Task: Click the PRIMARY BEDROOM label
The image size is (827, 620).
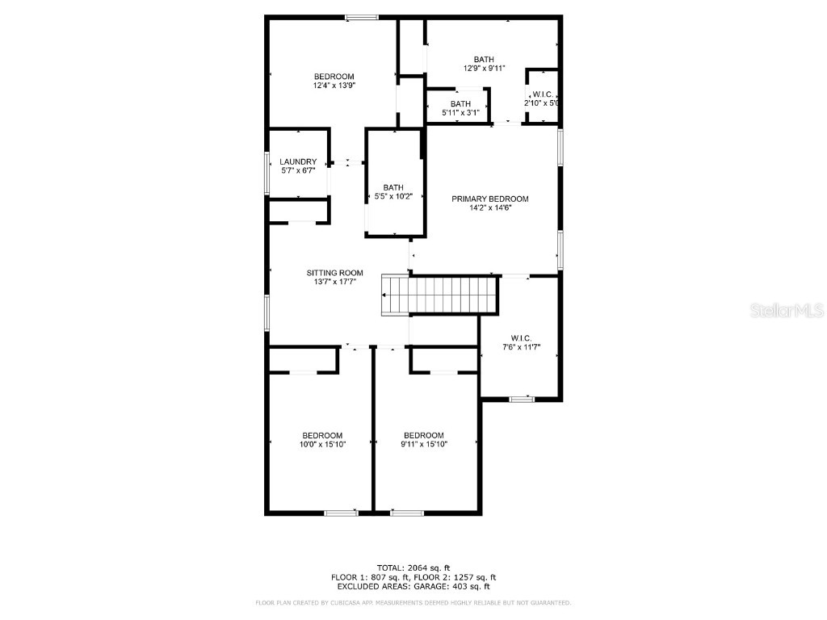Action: (489, 199)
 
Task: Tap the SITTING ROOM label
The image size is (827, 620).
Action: (334, 273)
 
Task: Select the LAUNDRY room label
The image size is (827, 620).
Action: (298, 161)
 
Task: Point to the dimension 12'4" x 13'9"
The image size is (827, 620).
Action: (334, 86)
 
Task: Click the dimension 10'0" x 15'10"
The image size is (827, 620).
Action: (322, 444)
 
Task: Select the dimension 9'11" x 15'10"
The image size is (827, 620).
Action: (424, 444)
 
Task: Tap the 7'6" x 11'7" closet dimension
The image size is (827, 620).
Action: (520, 347)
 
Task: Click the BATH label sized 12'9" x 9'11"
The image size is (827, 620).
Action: (484, 59)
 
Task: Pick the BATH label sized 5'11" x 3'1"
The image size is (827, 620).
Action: (460, 104)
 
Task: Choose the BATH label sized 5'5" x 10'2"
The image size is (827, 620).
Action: (393, 187)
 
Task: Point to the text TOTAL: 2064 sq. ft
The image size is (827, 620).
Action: (413, 568)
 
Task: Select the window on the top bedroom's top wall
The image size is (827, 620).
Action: (361, 17)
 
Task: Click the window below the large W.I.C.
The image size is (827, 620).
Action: (522, 398)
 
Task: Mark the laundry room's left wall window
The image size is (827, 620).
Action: (267, 172)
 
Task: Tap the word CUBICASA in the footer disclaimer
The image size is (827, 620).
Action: (350, 603)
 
